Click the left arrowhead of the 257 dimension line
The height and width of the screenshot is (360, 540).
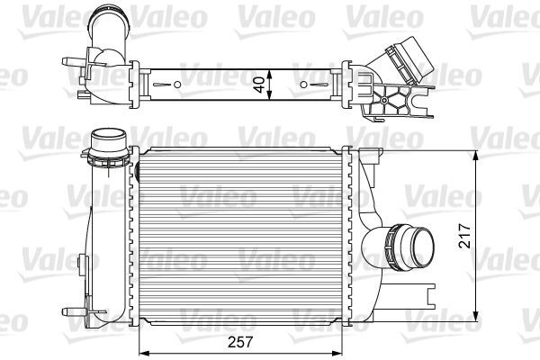[140, 352]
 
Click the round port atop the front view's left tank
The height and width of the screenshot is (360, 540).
[110, 142]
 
